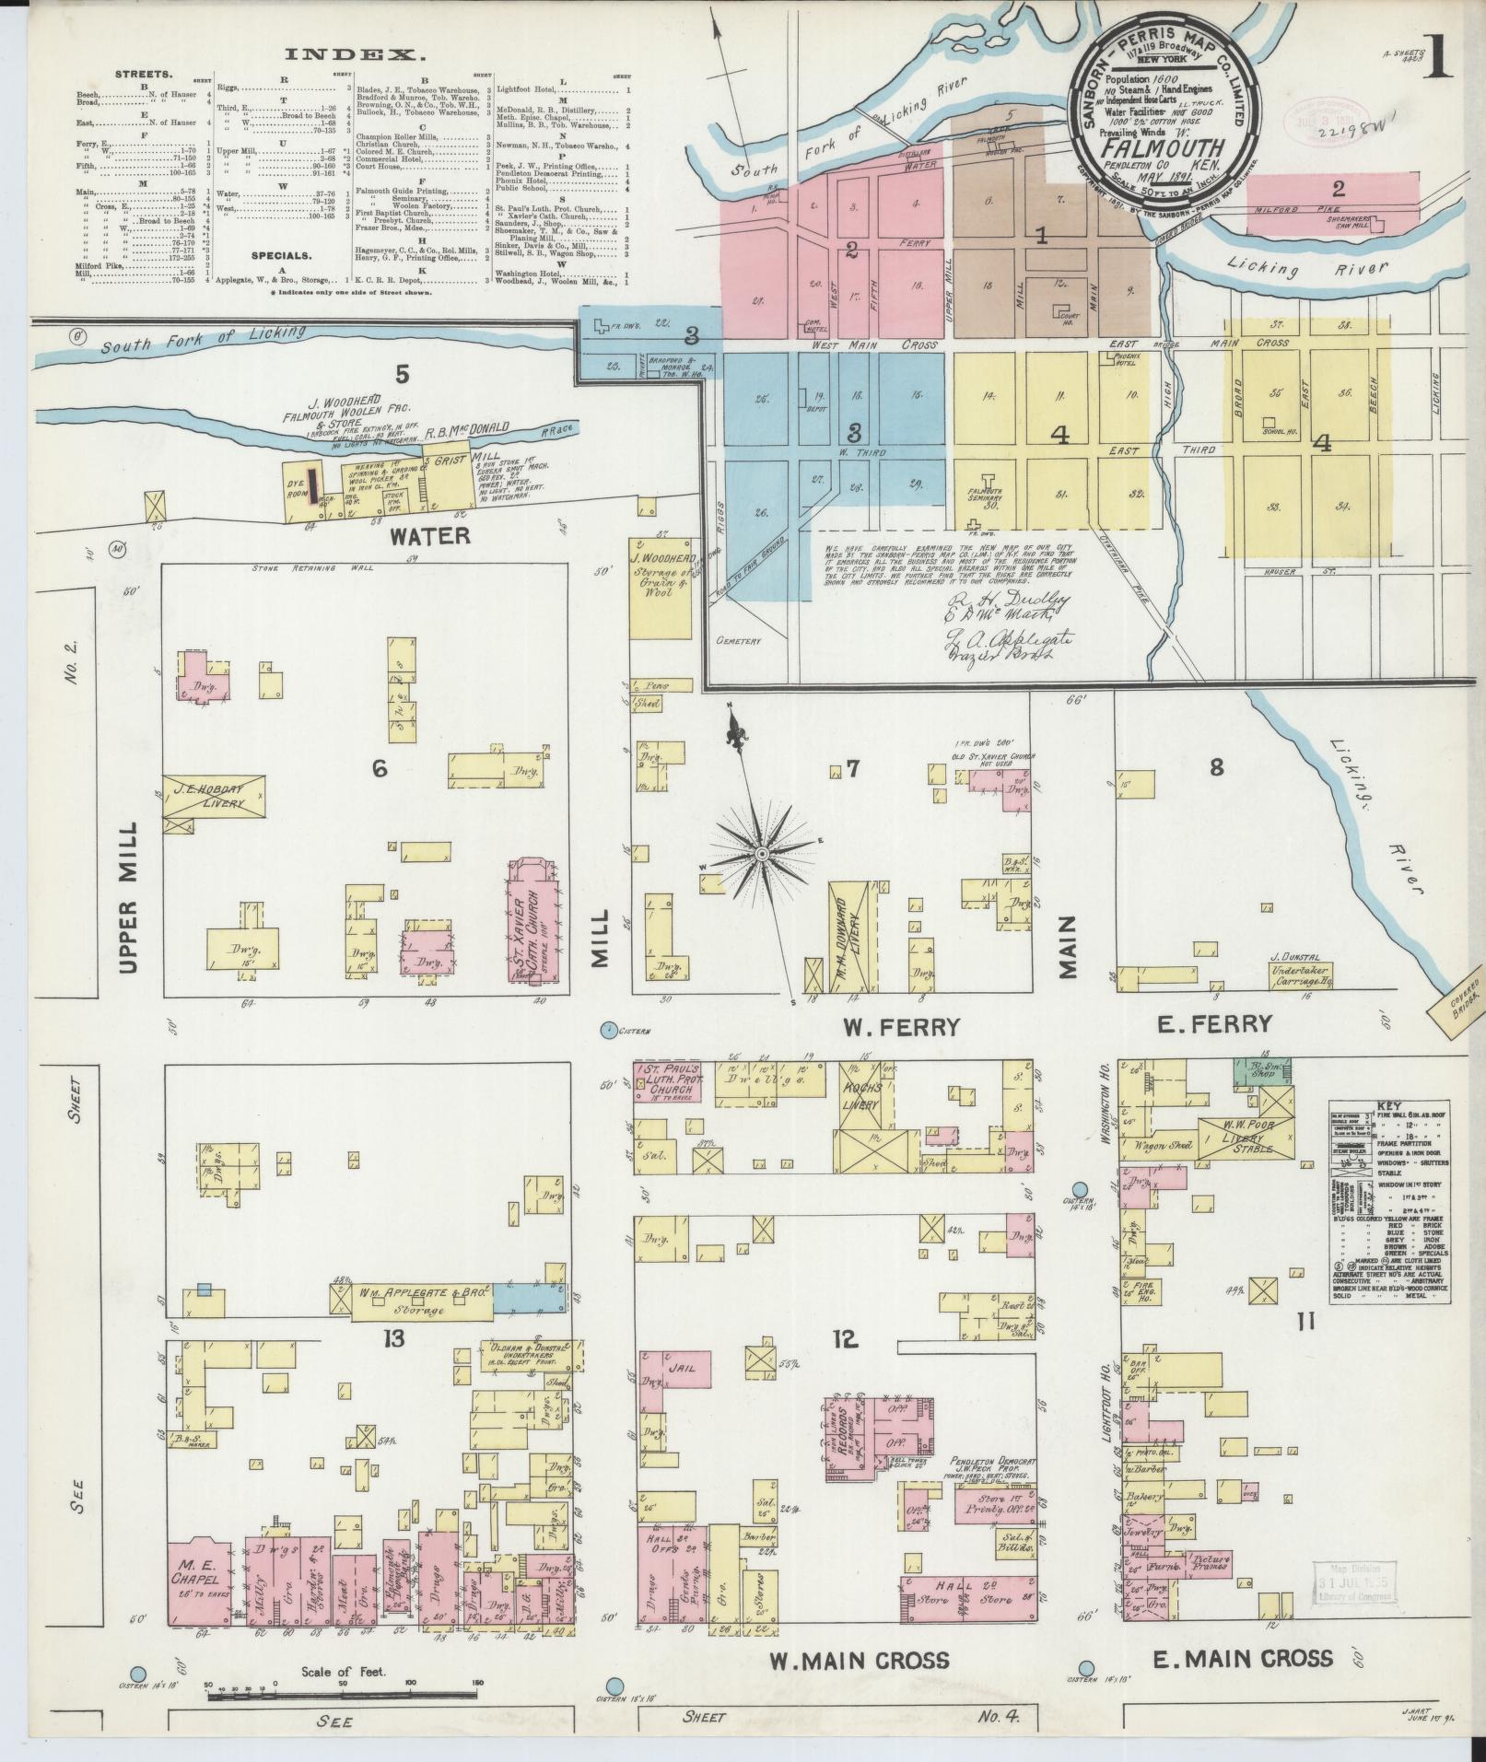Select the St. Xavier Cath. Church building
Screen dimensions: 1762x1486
(x=536, y=922)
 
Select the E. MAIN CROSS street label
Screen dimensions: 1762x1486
(x=1243, y=1658)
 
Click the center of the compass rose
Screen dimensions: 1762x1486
(x=762, y=856)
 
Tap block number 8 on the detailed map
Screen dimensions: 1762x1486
(x=1216, y=766)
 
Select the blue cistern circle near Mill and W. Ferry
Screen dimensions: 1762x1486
(x=608, y=1029)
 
